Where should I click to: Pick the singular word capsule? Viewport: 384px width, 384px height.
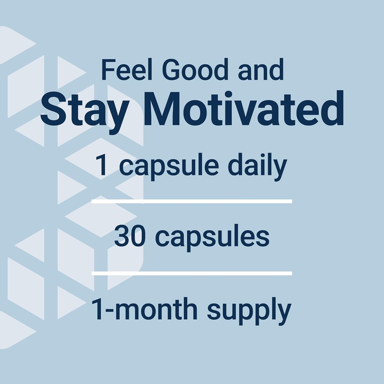point(169,167)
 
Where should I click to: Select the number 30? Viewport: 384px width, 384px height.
point(130,237)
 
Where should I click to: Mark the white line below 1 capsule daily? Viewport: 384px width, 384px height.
point(192,201)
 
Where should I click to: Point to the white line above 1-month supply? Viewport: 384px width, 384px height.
point(192,273)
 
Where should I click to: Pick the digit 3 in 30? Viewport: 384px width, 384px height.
point(122,237)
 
